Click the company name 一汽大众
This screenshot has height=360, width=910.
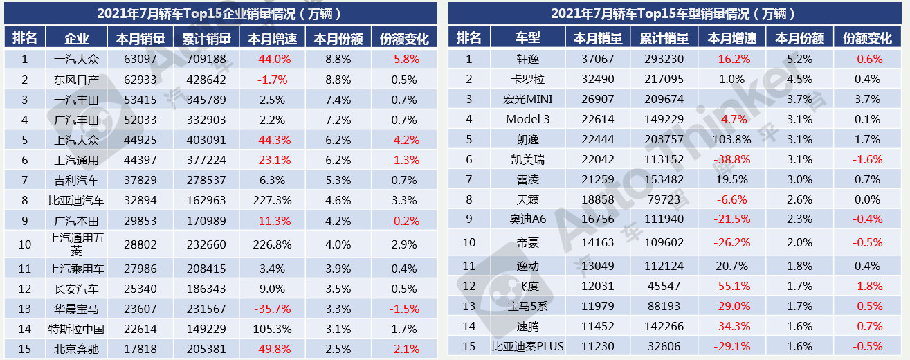(76, 60)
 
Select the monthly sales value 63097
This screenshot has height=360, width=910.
(140, 60)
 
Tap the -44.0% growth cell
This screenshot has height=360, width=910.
(272, 60)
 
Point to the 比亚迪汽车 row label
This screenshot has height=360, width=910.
(76, 201)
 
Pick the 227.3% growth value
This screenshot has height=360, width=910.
(272, 201)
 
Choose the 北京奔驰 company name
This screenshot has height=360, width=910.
(76, 350)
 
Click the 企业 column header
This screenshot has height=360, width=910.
(76, 38)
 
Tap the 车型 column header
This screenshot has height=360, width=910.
(527, 38)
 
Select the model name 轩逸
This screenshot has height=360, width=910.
(527, 60)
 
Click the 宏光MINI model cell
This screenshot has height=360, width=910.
(527, 100)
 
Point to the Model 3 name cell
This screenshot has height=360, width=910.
(527, 119)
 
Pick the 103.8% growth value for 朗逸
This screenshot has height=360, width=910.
(731, 139)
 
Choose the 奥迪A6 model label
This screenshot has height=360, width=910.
(527, 219)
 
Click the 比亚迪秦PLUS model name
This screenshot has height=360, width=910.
(527, 346)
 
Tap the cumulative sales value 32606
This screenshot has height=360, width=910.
(664, 346)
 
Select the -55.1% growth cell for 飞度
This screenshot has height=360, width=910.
(731, 286)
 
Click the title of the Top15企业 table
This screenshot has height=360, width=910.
(220, 13)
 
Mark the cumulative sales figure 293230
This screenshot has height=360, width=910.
(664, 60)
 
